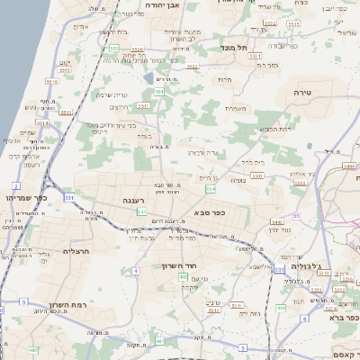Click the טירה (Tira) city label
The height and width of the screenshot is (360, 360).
coord(301,93)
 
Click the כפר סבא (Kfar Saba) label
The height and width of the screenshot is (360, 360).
coord(210,212)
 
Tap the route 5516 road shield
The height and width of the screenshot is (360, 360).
coord(51,81)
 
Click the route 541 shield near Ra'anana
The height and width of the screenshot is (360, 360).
coord(142,211)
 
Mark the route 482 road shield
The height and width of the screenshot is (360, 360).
coord(33,349)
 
